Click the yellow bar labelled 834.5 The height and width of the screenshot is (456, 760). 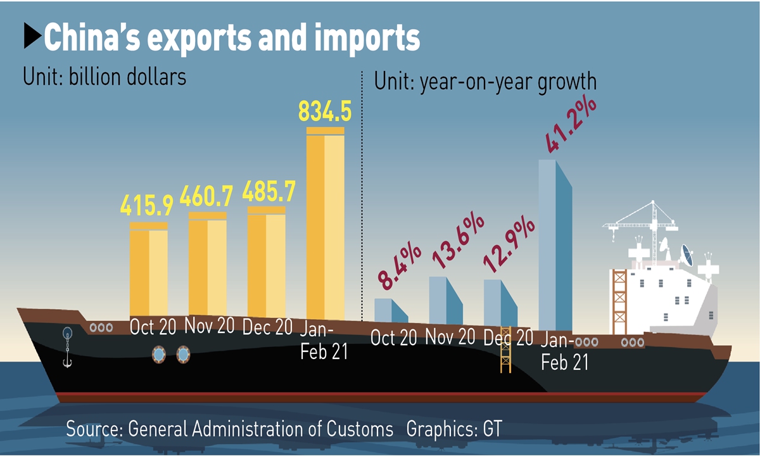(325, 222)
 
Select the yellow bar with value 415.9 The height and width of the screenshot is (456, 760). (149, 269)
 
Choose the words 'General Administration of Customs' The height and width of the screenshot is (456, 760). (260, 429)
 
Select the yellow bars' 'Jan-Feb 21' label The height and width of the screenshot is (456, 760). (324, 340)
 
